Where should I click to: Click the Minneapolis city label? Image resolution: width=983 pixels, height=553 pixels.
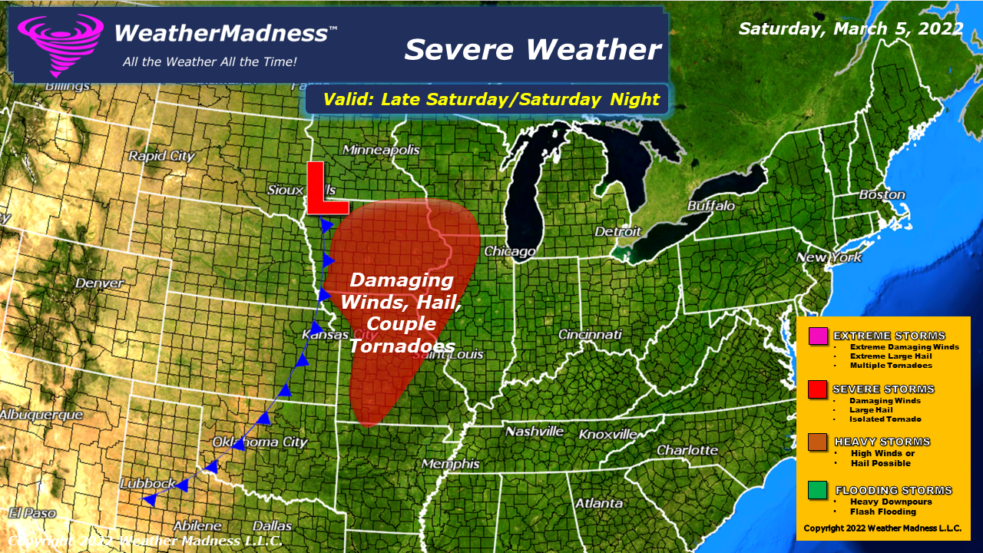coord(381,150)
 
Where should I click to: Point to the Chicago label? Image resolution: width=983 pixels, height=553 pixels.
coord(509,252)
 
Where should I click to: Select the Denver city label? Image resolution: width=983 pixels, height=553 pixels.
coord(98,283)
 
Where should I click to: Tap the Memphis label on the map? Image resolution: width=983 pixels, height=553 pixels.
coord(451,464)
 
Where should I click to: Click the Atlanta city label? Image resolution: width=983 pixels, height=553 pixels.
coord(599,503)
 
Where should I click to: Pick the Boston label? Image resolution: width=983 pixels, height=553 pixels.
coord(882,195)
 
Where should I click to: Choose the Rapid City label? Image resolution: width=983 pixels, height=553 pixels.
coord(161,156)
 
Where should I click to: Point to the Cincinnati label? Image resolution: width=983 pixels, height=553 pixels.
coord(590,335)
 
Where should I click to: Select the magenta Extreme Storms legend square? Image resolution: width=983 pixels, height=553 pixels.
coord(818,336)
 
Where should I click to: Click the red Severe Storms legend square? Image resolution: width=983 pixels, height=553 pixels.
coord(818,390)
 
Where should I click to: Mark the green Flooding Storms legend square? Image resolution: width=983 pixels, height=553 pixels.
coord(818,491)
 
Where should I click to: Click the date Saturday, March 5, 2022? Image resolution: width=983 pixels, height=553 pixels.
coord(851,28)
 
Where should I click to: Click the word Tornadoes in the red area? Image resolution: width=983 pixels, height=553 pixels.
coord(402,346)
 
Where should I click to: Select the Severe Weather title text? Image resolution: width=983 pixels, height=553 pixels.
coord(532,50)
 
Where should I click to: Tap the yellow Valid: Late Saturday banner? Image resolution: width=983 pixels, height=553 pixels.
coord(491,99)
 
